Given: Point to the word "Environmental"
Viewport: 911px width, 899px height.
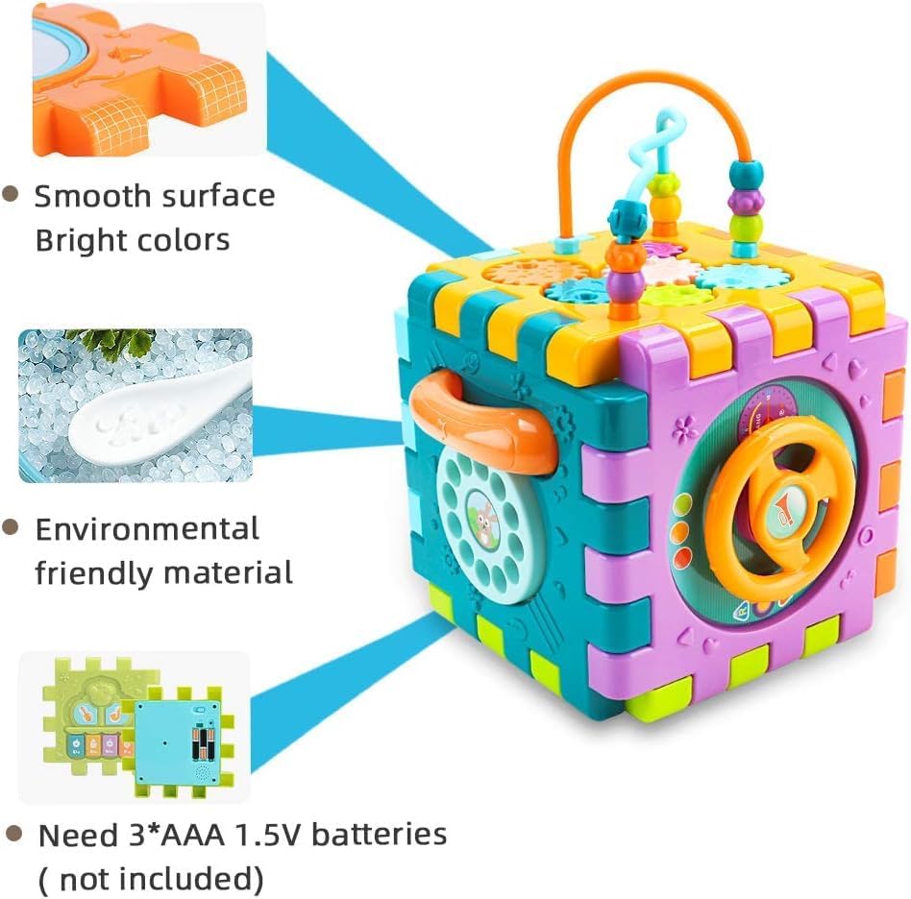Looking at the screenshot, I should [147, 528].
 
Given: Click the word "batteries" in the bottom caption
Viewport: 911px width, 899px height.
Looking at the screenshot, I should [380, 834].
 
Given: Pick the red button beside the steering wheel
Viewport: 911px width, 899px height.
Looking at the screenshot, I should [682, 556].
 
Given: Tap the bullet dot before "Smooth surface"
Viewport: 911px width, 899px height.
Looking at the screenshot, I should [12, 194].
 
